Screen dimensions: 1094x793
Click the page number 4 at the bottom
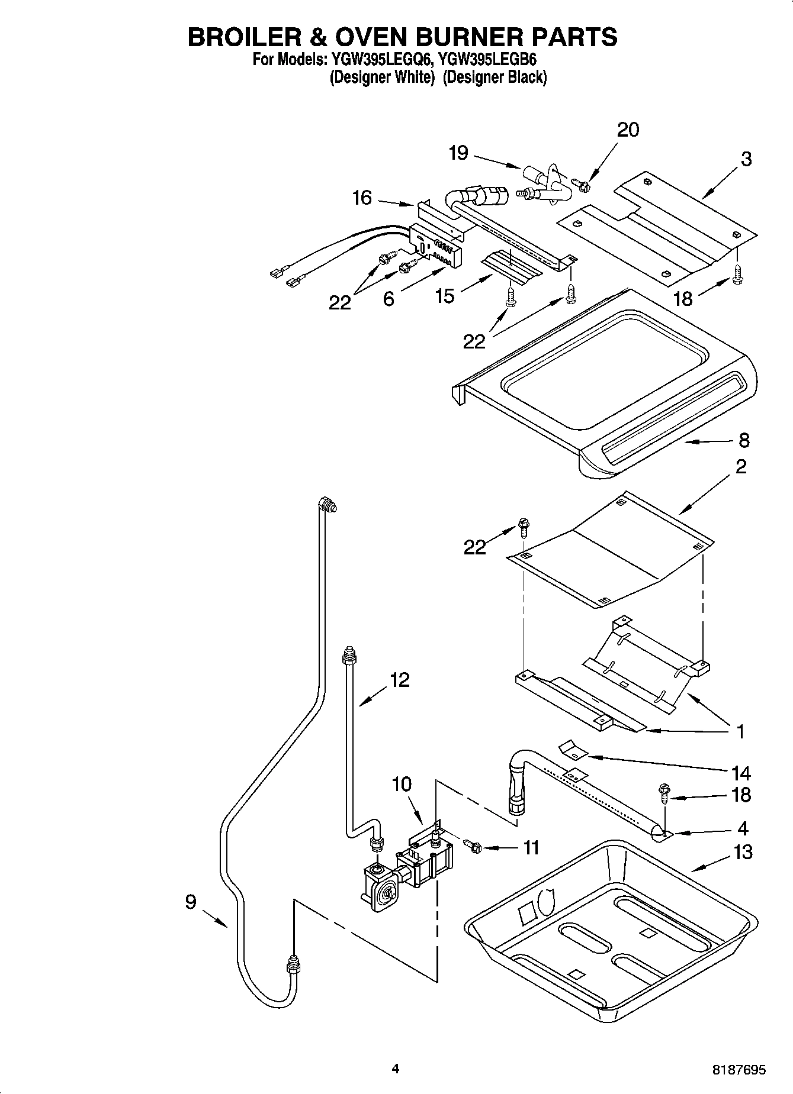[396, 1069]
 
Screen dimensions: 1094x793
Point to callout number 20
[628, 130]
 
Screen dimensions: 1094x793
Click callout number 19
[458, 153]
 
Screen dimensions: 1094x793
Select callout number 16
[362, 198]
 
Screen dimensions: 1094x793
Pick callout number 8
[744, 440]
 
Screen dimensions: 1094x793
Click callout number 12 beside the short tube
[400, 680]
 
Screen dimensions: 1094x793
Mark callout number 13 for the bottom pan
[743, 852]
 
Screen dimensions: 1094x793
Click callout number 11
[531, 848]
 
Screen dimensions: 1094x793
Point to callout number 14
[741, 773]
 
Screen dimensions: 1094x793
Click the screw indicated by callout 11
[474, 847]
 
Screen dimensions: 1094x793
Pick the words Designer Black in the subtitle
[495, 78]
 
